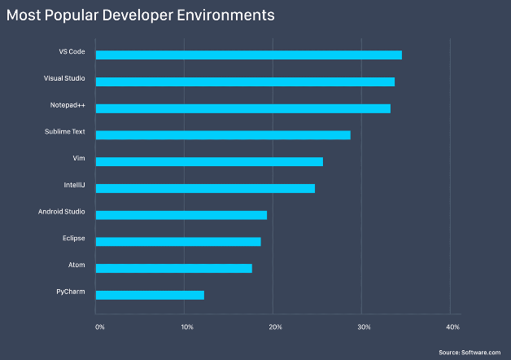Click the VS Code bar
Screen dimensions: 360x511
click(248, 55)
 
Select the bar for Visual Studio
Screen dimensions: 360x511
click(245, 81)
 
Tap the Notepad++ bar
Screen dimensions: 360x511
click(242, 108)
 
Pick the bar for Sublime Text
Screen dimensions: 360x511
click(223, 134)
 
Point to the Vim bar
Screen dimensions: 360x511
click(209, 161)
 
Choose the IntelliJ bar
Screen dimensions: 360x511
click(205, 188)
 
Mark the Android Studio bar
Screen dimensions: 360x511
click(181, 215)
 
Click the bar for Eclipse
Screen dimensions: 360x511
click(178, 241)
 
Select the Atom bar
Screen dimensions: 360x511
click(173, 268)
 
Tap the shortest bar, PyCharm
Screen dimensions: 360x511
click(150, 295)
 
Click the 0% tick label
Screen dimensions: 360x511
click(99, 327)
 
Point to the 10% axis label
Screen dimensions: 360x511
click(187, 327)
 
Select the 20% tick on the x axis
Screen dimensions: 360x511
click(276, 327)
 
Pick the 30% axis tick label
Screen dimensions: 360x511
click(364, 327)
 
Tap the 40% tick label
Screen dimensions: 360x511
click(453, 327)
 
